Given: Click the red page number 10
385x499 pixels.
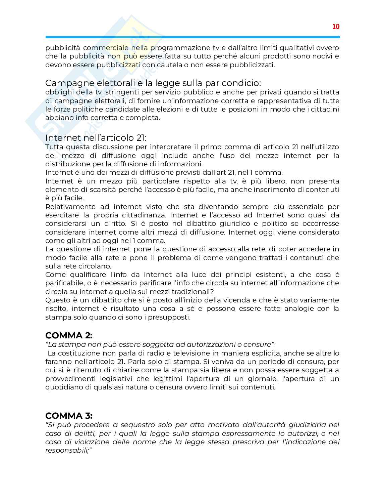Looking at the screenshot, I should (x=336, y=27).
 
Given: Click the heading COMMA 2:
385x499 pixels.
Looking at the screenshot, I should (x=69, y=335).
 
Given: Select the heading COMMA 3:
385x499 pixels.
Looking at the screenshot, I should (x=69, y=416).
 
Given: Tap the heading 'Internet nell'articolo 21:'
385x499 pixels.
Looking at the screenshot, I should (x=96, y=138).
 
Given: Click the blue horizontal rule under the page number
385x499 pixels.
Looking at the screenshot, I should (x=192, y=37).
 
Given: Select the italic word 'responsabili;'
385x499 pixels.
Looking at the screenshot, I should (x=68, y=451).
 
